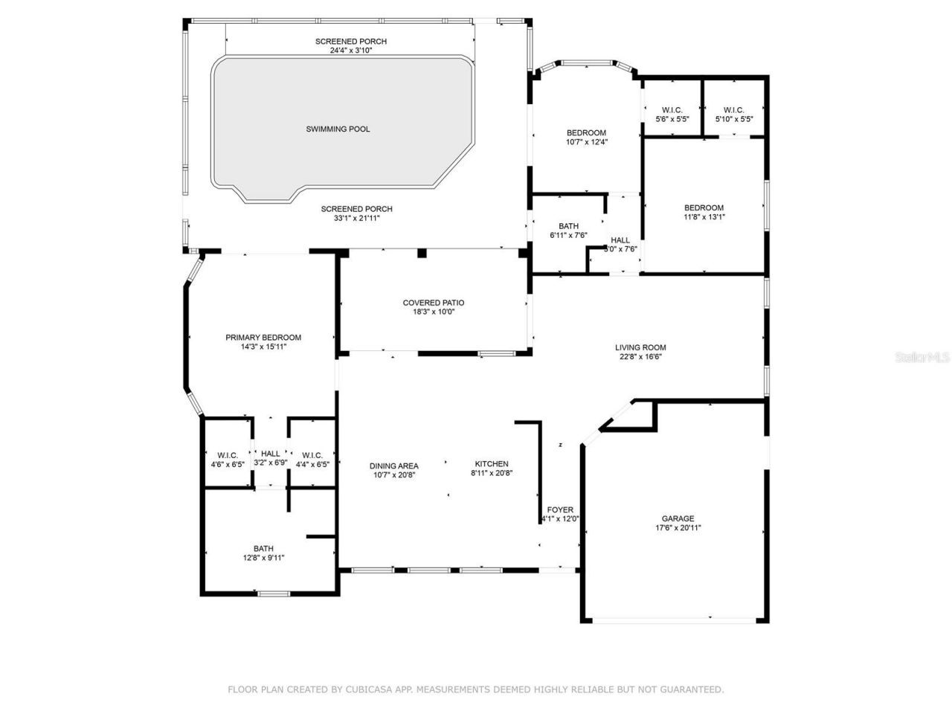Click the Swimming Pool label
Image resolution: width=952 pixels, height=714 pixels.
pyautogui.click(x=338, y=129)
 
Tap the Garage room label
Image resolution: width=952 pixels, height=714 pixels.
pyautogui.click(x=678, y=518)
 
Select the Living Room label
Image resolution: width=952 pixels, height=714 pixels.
pyautogui.click(x=640, y=347)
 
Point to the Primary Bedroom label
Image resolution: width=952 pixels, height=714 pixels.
pyautogui.click(x=263, y=338)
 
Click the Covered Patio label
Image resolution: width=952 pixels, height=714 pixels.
pyautogui.click(x=433, y=303)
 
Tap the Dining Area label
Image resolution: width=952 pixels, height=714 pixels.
pyautogui.click(x=393, y=466)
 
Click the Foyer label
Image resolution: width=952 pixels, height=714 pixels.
pyautogui.click(x=560, y=509)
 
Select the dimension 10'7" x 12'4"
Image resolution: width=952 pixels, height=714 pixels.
pyautogui.click(x=587, y=142)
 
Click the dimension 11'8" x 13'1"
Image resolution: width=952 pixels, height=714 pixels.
pyautogui.click(x=704, y=217)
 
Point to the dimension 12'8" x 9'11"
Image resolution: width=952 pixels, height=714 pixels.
pyautogui.click(x=263, y=558)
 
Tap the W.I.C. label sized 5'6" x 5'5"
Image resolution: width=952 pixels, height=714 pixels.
pyautogui.click(x=672, y=110)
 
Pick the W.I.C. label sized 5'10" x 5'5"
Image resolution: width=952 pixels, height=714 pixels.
pyautogui.click(x=733, y=110)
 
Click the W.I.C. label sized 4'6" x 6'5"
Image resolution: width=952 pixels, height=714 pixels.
pyautogui.click(x=228, y=455)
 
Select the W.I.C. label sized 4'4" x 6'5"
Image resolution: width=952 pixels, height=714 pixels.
pyautogui.click(x=312, y=455)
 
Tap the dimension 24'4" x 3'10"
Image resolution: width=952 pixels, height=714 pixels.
pyautogui.click(x=350, y=51)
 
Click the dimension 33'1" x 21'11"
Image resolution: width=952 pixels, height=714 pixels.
pyautogui.click(x=356, y=218)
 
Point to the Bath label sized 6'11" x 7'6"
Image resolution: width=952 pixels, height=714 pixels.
pyautogui.click(x=568, y=226)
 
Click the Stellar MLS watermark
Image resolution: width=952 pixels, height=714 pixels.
pyautogui.click(x=922, y=358)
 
